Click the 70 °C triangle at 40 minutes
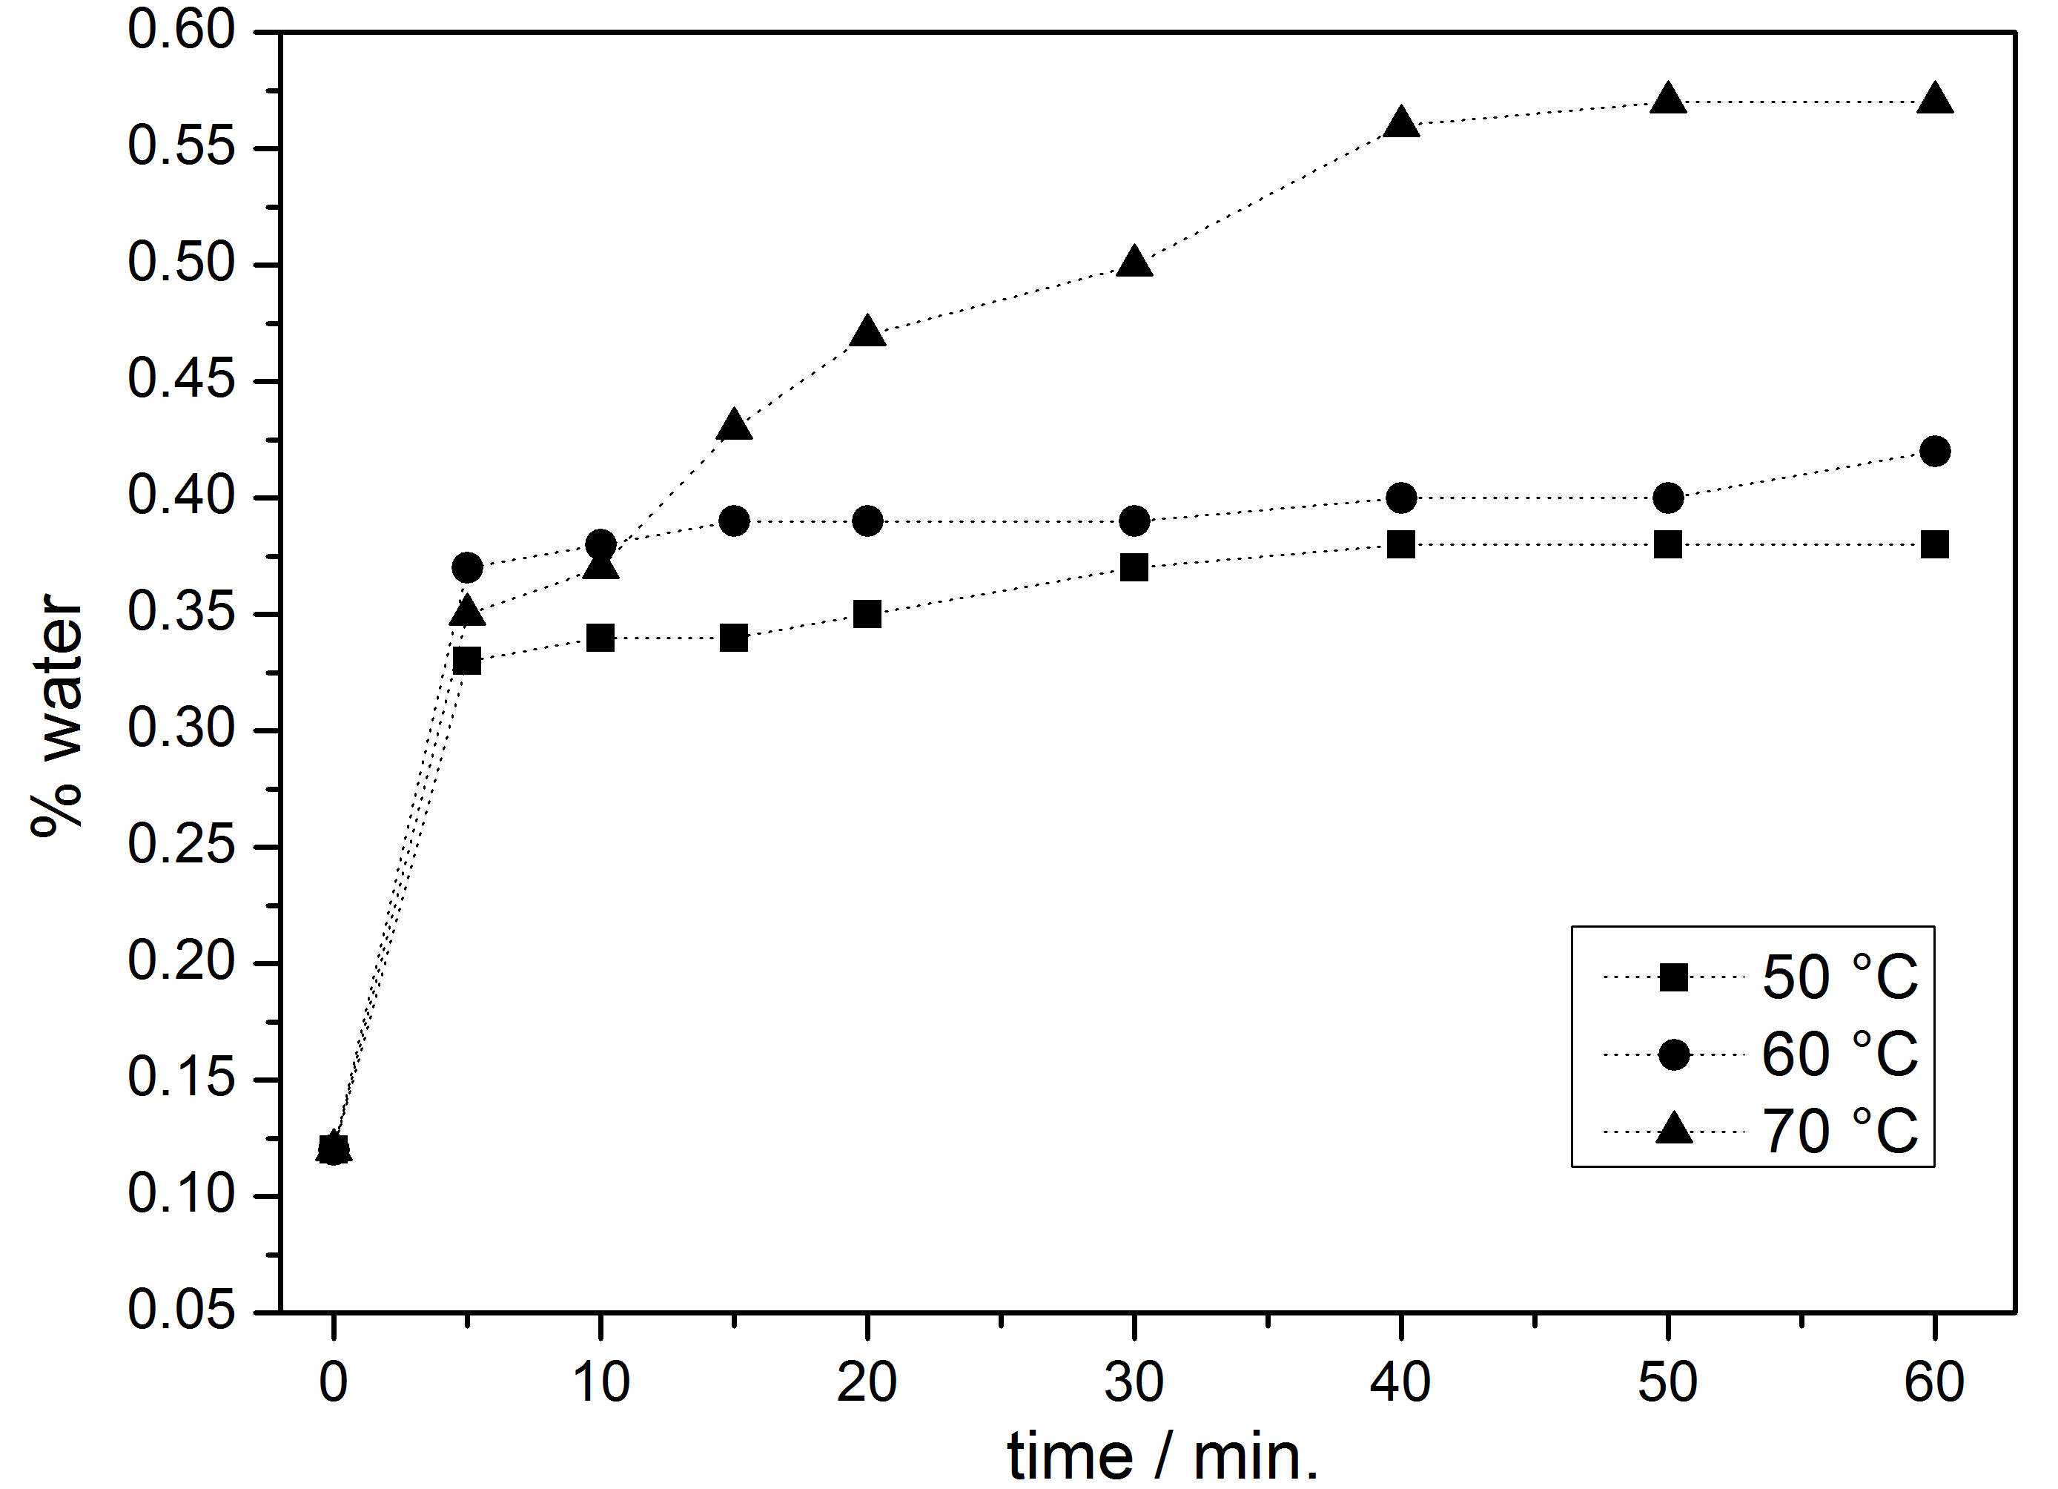coord(1401,122)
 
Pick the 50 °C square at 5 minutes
coord(466,661)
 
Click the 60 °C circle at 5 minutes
coord(466,568)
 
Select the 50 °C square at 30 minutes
coord(1134,568)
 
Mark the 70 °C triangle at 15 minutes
coord(734,426)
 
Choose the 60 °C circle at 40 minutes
coord(1401,498)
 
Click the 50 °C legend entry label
coord(1839,978)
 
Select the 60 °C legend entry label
coord(1839,1054)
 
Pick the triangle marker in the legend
coord(1673,1129)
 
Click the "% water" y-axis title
coord(56,717)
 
